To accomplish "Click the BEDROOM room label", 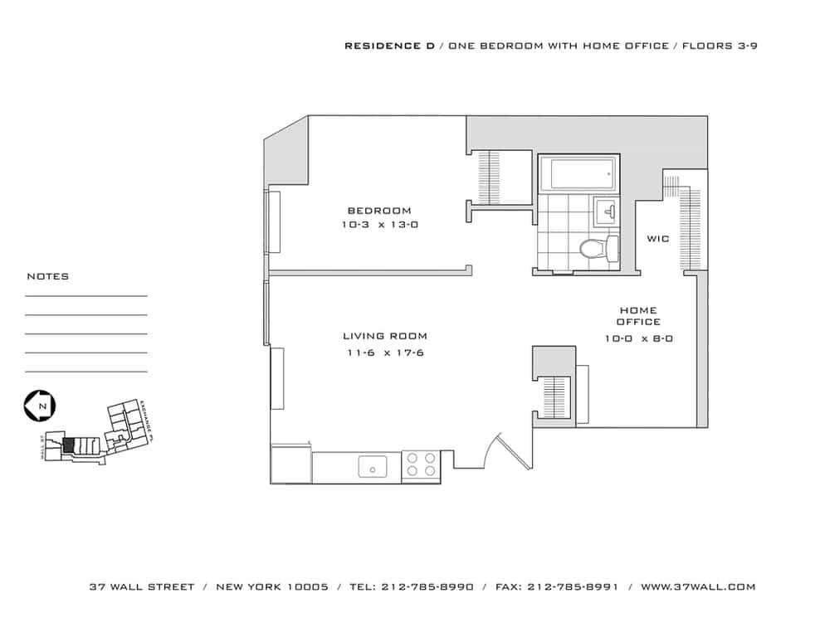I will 378,211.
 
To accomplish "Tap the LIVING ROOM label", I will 385,336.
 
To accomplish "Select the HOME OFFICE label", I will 638,316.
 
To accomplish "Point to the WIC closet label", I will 657,239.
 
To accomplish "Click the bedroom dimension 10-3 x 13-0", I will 378,225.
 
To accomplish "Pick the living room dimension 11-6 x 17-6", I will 385,353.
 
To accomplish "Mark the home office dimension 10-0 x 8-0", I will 638,338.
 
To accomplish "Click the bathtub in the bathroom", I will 578,174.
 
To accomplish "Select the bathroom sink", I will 605,212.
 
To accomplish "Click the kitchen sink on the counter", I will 373,466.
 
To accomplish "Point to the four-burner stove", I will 421,466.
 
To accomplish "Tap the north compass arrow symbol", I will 40,406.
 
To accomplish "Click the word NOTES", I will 48,276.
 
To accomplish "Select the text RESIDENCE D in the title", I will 388,46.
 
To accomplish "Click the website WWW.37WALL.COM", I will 698,586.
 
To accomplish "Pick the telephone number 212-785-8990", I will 427,586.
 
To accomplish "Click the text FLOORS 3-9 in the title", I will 720,46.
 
